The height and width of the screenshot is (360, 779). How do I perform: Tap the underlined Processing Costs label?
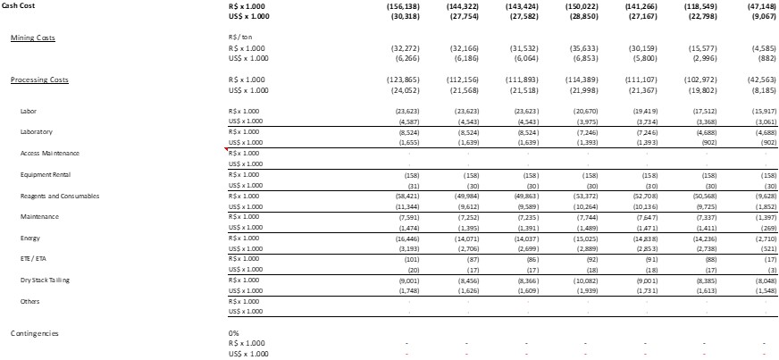tap(39, 80)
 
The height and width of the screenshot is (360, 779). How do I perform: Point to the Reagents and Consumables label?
tap(60, 196)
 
